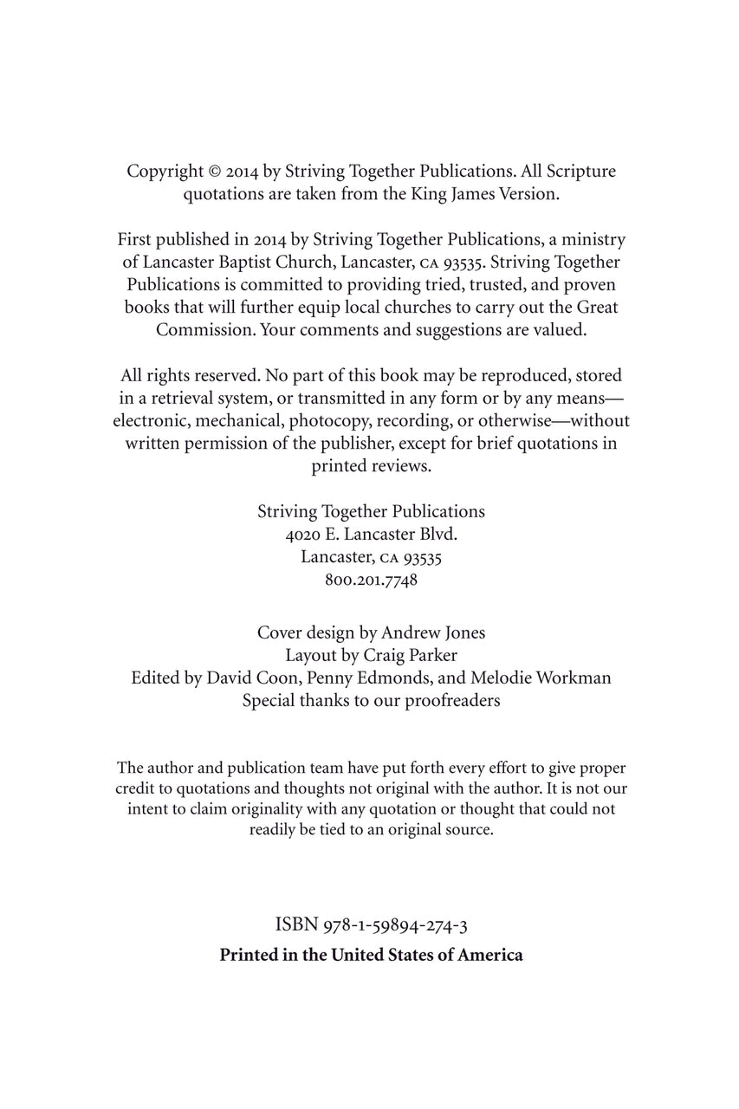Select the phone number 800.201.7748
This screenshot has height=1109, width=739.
pyautogui.click(x=371, y=580)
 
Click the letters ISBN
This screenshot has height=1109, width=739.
pyautogui.click(x=296, y=925)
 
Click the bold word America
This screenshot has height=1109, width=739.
pyautogui.click(x=490, y=956)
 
